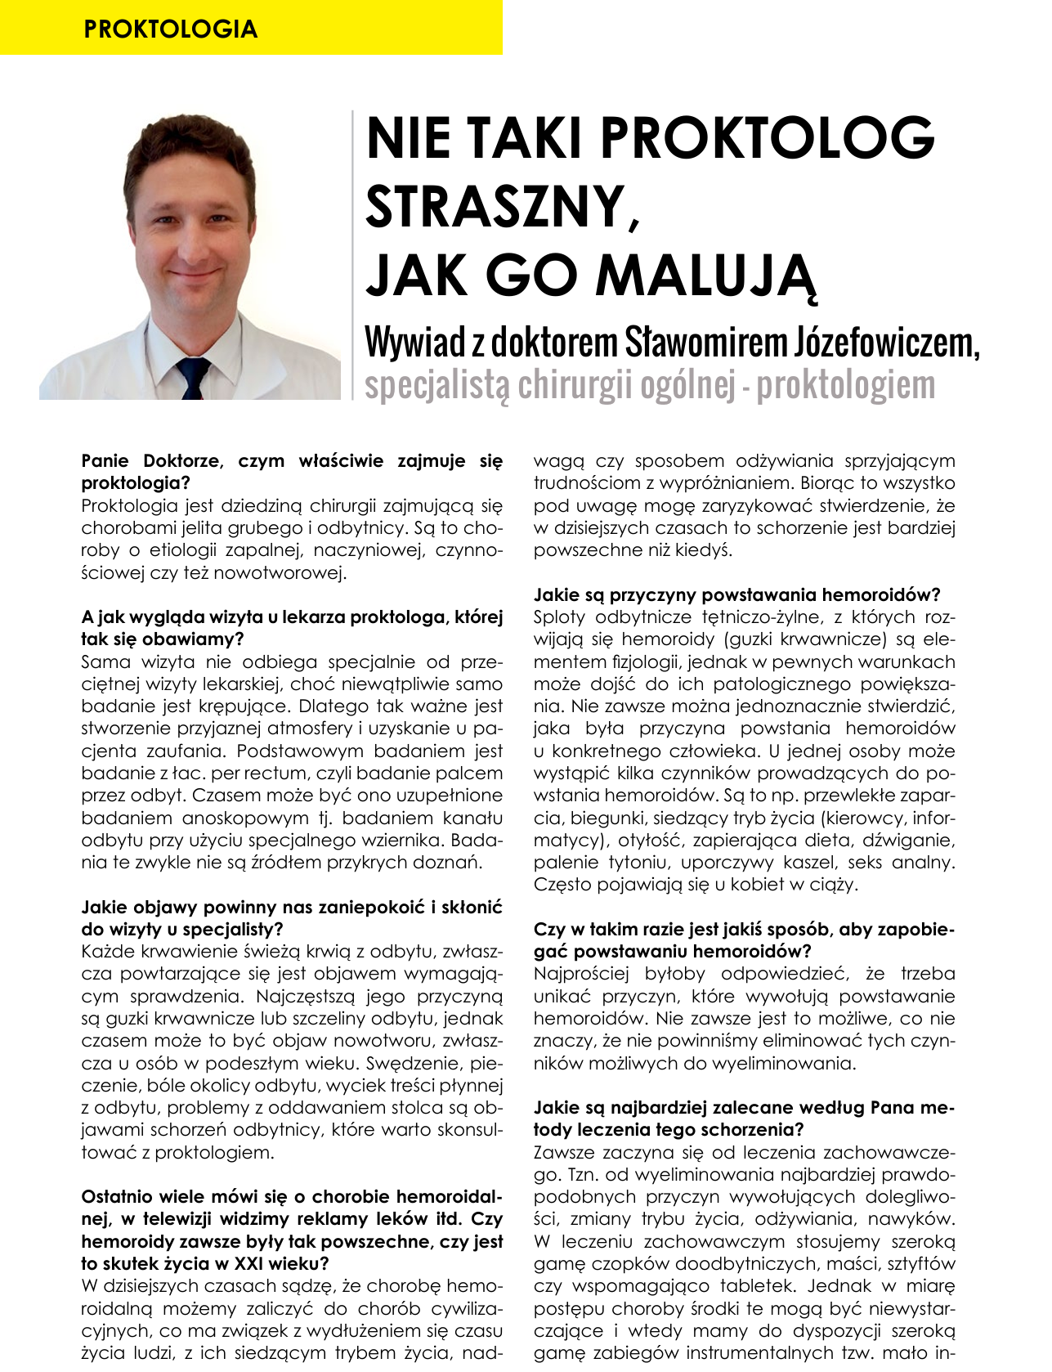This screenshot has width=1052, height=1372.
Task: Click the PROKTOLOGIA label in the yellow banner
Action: click(170, 29)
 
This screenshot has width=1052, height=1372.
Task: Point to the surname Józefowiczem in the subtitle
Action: click(885, 343)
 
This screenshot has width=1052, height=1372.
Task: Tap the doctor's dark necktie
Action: click(193, 379)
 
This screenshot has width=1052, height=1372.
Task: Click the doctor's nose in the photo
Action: click(195, 240)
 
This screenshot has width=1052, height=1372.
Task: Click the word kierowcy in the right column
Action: click(858, 818)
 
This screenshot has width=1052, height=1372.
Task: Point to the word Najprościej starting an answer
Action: click(581, 974)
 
